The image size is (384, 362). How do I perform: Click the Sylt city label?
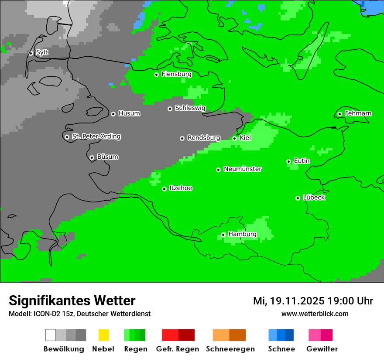coord(42,53)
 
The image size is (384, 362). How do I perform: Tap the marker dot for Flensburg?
coord(156,75)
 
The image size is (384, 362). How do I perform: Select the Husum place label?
coord(129,113)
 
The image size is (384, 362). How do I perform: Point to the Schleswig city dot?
coord(170,109)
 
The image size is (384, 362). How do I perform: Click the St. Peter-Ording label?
coord(96,137)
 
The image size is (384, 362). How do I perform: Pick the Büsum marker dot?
coord(92,157)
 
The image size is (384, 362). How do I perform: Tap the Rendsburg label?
coord(204,138)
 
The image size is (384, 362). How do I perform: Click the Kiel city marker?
coord(234,138)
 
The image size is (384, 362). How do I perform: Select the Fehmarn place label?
coord(358,113)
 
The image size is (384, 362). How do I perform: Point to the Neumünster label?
coord(243,169)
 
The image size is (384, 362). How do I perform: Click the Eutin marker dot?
coord(288,161)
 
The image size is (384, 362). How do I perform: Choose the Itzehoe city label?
coord(181,188)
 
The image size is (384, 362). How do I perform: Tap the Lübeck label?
coord(314,198)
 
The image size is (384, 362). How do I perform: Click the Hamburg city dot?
coord(223,235)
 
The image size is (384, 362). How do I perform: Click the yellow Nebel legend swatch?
coord(103,335)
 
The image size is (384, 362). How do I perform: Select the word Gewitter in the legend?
coord(322,349)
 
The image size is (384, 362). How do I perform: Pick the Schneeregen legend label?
coord(230,349)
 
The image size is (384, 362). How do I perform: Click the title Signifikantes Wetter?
coord(72,301)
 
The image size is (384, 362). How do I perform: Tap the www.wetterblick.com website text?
coord(315,314)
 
